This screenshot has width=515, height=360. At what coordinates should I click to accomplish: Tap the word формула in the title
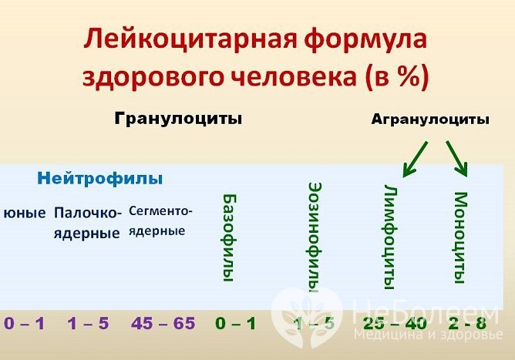click(361, 39)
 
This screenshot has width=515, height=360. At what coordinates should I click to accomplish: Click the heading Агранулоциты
click(430, 119)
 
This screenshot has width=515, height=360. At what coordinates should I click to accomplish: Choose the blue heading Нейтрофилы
click(100, 179)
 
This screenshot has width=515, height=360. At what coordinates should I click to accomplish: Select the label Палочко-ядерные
click(87, 222)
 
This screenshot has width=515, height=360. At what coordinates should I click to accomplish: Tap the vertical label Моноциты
click(460, 235)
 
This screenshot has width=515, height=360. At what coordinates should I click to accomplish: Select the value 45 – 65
click(163, 323)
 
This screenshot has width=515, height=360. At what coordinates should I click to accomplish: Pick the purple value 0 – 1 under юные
click(24, 323)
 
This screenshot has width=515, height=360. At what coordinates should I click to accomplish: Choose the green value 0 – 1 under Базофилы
click(235, 323)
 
